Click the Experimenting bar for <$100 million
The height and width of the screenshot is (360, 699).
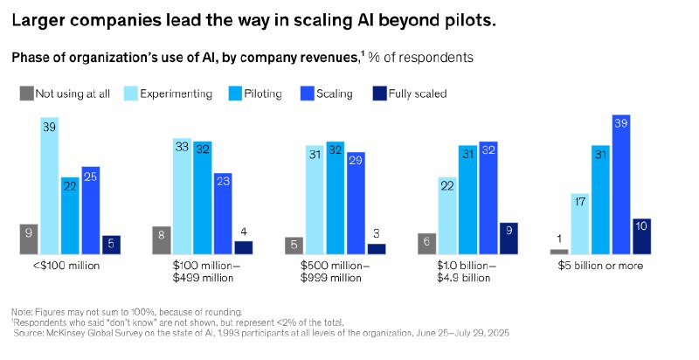tap(49, 185)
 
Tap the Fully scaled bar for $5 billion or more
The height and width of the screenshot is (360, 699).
tap(642, 236)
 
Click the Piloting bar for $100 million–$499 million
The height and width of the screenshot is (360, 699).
tap(202, 197)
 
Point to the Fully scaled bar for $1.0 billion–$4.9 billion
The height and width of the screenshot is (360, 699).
tap(509, 238)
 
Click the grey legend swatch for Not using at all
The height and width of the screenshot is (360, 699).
tap(27, 93)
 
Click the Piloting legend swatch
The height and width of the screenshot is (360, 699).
tap(236, 93)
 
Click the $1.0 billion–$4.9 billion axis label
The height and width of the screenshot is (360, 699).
tap(467, 272)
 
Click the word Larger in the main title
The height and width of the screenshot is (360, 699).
tap(44, 21)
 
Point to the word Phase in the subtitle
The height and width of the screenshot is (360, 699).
tap(31, 58)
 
